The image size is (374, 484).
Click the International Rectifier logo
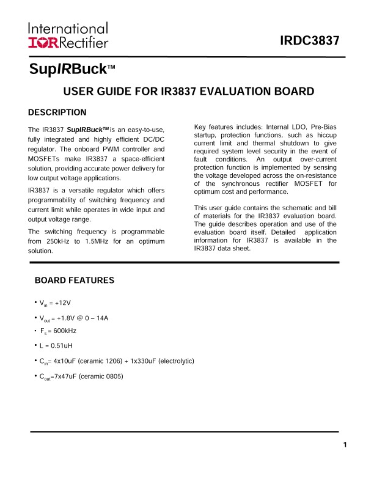68,35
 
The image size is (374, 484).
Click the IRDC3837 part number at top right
309,41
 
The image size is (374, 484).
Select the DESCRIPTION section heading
57,112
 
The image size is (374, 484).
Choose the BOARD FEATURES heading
75,280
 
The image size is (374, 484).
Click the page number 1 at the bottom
345,444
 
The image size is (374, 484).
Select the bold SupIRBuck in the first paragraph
87,130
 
